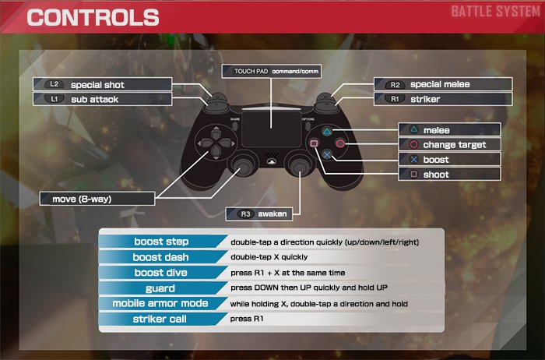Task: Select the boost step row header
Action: pos(160,242)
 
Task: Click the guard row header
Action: pos(160,288)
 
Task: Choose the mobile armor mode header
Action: pos(160,303)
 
